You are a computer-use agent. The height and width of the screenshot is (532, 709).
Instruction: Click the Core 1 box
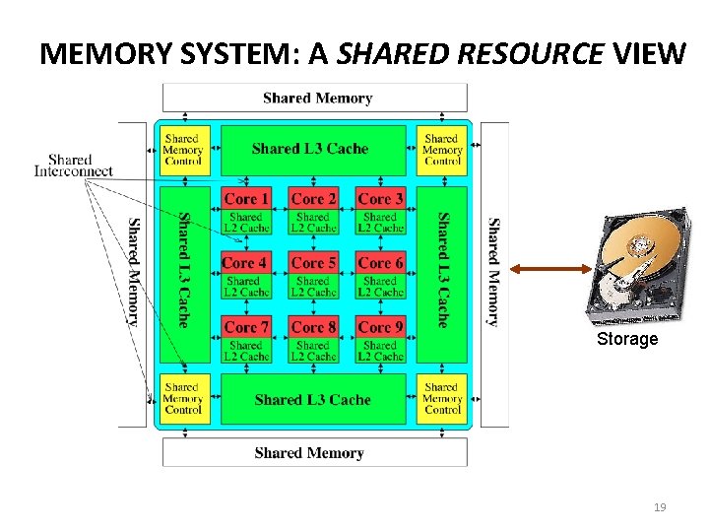(245, 198)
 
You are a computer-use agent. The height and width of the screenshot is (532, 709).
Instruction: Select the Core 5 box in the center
(312, 263)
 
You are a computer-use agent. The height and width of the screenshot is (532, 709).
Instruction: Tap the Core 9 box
(380, 327)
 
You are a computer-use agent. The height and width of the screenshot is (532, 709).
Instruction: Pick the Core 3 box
(380, 198)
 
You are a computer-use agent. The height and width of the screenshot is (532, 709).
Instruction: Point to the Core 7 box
(245, 327)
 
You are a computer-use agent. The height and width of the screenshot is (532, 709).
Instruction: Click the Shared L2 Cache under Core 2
(312, 223)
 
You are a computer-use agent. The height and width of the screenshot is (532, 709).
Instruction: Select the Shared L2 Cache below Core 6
(380, 287)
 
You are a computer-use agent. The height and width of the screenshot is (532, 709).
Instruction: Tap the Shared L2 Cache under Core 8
(312, 352)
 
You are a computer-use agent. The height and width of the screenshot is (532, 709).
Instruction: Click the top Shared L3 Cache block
(311, 150)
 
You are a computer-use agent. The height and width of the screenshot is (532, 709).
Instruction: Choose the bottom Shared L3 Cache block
(312, 400)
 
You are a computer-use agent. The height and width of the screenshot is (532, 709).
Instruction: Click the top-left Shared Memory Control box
(183, 150)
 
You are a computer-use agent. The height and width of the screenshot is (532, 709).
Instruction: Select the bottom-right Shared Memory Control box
(442, 399)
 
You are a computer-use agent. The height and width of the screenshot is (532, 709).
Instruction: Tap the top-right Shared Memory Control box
(442, 150)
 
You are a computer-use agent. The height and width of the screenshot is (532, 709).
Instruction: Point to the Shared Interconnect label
(73, 166)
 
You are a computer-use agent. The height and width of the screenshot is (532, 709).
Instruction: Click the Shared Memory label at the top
(317, 98)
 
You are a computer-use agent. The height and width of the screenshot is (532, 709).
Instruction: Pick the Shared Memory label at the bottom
(309, 453)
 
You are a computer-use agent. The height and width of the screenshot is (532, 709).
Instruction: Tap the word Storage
(627, 340)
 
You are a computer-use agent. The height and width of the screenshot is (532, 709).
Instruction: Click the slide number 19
(660, 508)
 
